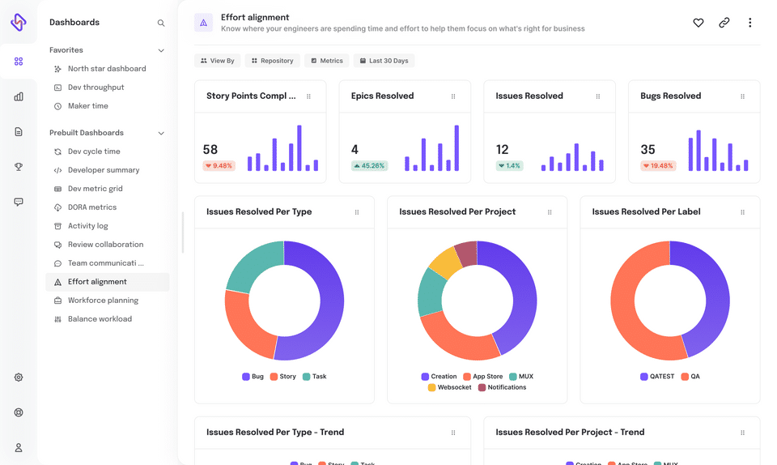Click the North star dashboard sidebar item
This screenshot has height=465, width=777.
[106, 69]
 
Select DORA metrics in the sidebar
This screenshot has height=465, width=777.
[91, 207]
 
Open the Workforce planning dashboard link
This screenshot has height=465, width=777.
[103, 301]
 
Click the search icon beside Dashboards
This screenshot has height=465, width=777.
[161, 23]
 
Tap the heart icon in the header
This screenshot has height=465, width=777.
[698, 23]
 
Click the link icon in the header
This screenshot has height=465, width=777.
[724, 23]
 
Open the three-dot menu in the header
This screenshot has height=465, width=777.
[749, 23]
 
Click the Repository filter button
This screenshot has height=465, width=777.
[272, 61]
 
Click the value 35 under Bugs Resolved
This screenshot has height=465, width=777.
[647, 150]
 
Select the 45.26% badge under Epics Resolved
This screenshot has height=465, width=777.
[368, 166]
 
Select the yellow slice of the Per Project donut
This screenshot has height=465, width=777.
[444, 262]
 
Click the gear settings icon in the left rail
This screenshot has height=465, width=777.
[19, 378]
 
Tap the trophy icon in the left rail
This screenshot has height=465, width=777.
[19, 167]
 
